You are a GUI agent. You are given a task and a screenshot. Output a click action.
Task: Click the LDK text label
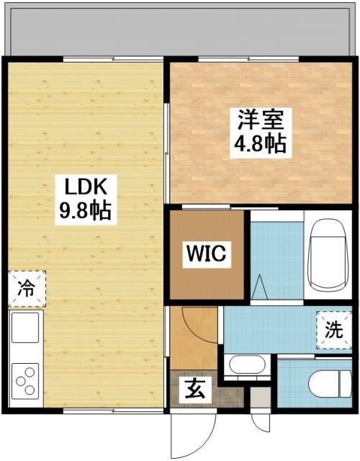click(x=87, y=188)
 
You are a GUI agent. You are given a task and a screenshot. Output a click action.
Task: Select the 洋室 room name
click(x=260, y=117)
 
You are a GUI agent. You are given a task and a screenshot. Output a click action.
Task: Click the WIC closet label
click(x=207, y=254)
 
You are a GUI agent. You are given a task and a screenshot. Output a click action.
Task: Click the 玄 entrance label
click(x=195, y=391)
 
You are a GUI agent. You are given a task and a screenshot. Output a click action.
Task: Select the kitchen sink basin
click(x=26, y=330)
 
